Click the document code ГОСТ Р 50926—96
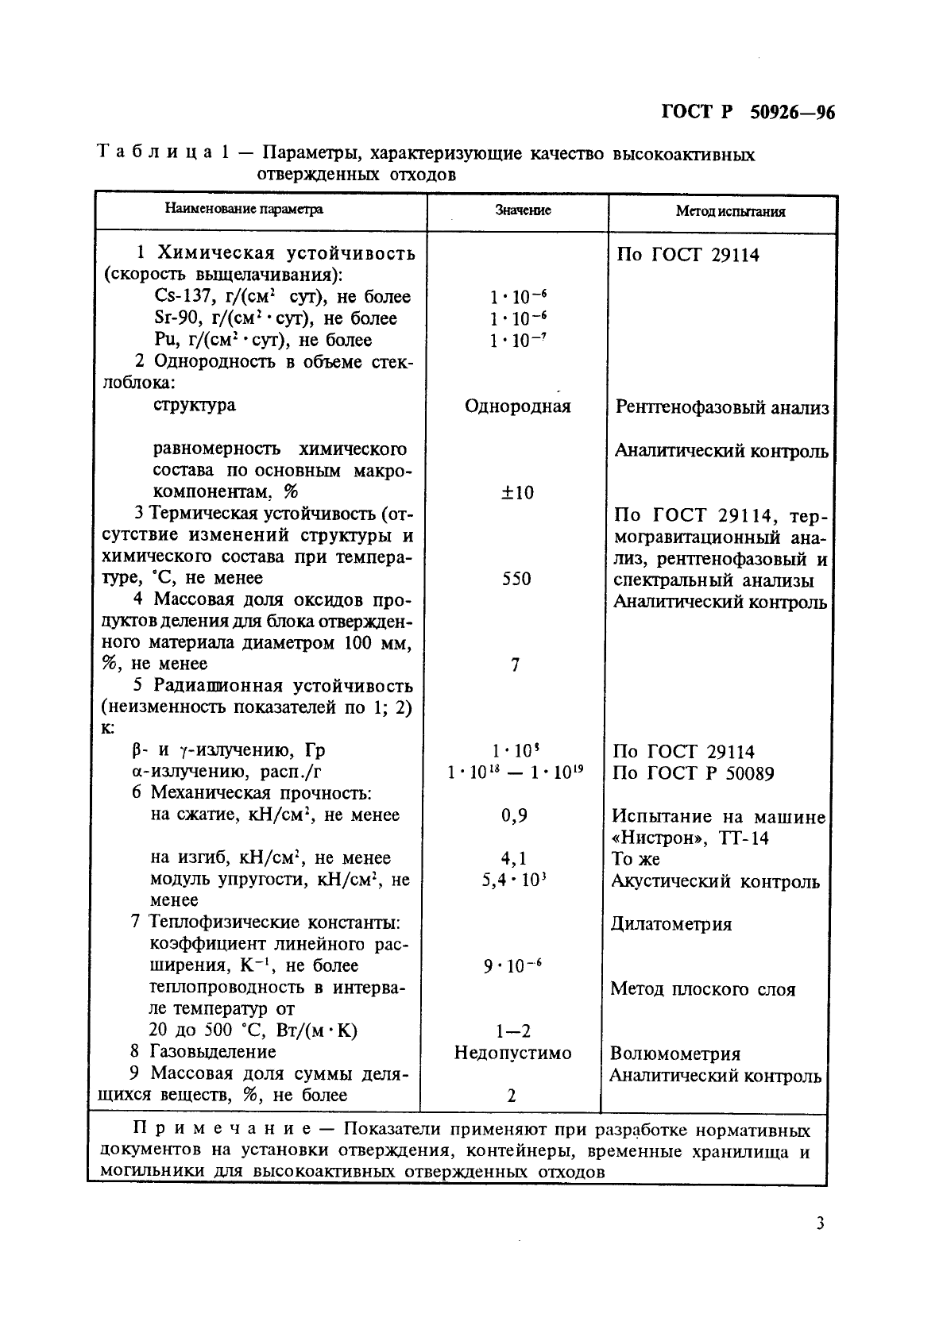pos(748,113)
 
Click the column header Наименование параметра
pos(244,210)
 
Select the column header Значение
pos(523,210)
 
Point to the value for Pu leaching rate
pos(518,341)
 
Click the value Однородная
pos(517,406)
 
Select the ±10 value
pos(517,493)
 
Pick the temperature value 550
pos(516,579)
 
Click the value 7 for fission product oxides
pos(515,665)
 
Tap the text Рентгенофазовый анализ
pos(722,408)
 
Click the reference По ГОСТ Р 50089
pos(694,773)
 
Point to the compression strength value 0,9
pos(515,815)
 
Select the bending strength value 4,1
pos(514,858)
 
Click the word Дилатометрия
pos(671,924)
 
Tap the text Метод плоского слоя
pos(702,989)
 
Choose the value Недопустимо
pos(512,1054)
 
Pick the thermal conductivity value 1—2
pos(512,1032)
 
